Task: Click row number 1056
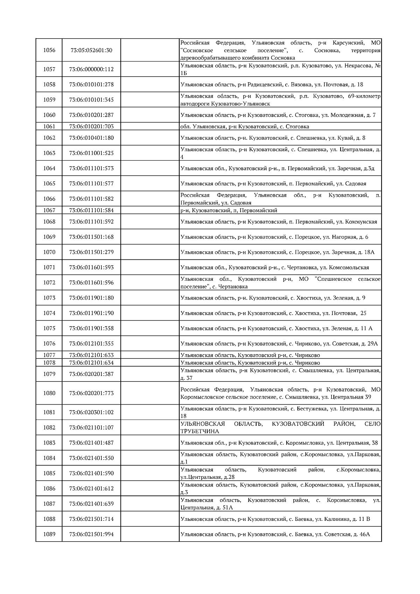49,50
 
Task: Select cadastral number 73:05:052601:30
91,50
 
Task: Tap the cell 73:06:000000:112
91,69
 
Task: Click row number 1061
49,126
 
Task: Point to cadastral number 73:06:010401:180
91,138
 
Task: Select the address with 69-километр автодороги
280,100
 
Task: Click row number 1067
49,210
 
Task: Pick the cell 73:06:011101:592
91,222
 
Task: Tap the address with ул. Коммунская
279,222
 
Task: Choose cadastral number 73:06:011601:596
91,282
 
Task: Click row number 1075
49,328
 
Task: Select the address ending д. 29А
279,344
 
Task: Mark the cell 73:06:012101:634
91,363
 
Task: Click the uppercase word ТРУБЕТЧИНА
199,431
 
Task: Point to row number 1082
49,427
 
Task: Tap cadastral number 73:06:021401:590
91,473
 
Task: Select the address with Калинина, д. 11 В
275,519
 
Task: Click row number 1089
49,534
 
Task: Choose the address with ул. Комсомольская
275,267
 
